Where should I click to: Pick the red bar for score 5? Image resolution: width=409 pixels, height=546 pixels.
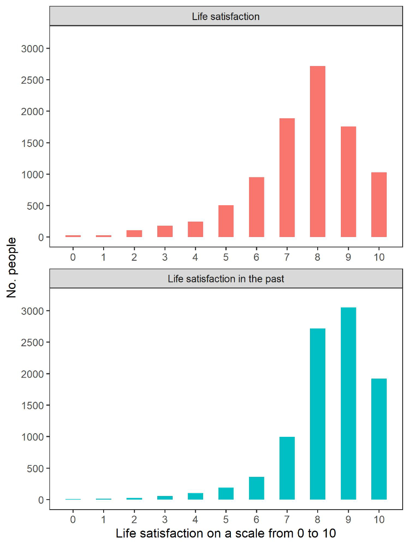coord(226,221)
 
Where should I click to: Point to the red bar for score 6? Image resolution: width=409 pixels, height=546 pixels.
coord(256,207)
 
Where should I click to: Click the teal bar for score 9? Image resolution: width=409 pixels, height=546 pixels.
coord(348,404)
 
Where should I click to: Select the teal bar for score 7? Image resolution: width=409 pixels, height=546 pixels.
coord(287,468)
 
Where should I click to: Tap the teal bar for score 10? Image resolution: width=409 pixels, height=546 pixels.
coord(379,439)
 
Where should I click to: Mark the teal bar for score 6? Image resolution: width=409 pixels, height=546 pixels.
coord(256,488)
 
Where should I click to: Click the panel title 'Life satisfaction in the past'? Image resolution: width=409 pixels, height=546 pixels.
coord(226,278)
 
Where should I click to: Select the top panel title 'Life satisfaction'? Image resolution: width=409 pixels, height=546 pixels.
coord(226,17)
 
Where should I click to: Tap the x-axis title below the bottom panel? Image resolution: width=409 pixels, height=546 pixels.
coord(226,533)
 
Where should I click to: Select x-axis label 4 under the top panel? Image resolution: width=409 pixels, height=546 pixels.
coord(195,257)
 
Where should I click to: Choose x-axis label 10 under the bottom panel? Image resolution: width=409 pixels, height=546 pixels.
coord(379,519)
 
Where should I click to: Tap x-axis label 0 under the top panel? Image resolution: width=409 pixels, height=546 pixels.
coord(73,257)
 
